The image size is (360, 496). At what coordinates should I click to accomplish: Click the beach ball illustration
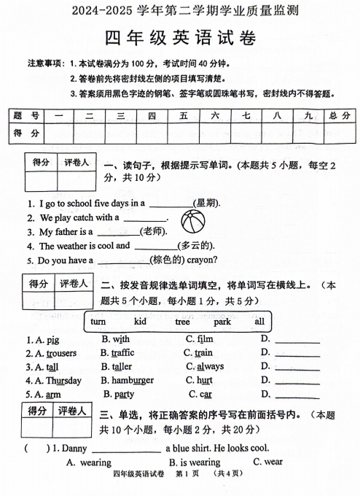pos(192,220)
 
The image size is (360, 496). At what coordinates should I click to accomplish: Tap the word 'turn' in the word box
pos(98,322)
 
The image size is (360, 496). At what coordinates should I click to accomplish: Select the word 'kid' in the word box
pos(141,322)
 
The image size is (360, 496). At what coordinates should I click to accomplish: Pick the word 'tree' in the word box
pos(182,322)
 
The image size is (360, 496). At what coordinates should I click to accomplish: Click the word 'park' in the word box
pos(222,322)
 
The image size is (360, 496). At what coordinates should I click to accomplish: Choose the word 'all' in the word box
pos(259,322)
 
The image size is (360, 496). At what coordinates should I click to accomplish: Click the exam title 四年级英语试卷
pos(180,37)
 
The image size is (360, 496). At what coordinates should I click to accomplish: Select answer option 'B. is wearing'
pos(195,462)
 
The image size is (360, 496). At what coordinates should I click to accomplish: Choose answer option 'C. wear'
pos(267,462)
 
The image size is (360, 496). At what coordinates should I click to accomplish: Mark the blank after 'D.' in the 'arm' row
pos(296,395)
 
